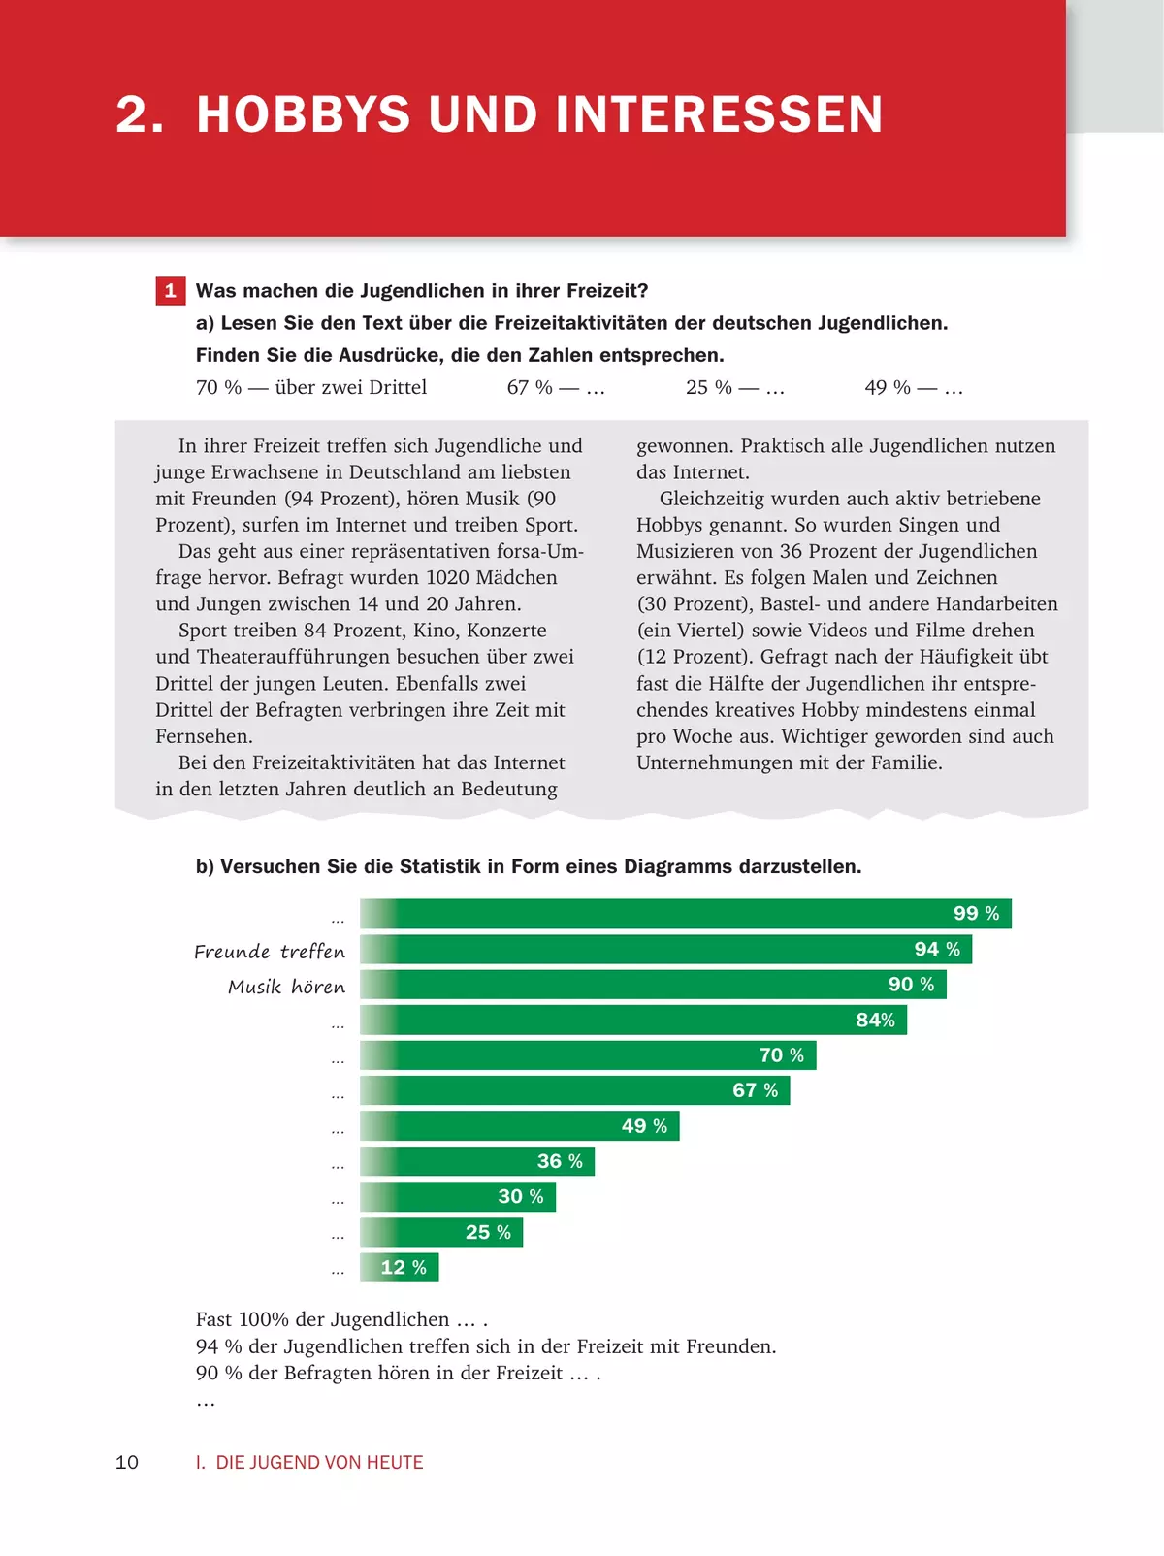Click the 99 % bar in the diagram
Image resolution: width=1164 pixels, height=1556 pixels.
tap(686, 913)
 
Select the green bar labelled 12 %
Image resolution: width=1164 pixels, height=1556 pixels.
tap(399, 1267)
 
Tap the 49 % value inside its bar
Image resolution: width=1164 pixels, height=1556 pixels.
tap(644, 1125)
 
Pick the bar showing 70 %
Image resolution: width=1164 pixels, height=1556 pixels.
tap(588, 1054)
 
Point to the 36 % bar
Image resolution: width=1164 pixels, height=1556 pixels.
tap(477, 1161)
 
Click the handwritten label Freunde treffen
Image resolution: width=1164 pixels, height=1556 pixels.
tap(270, 952)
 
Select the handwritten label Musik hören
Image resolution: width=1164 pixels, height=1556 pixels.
tap(286, 987)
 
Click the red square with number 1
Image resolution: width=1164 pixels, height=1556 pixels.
tap(170, 291)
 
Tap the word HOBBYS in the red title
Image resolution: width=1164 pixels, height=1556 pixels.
tap(304, 114)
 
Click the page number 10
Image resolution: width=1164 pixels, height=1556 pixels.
tap(127, 1462)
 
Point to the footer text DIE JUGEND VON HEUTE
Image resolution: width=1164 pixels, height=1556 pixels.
tap(320, 1462)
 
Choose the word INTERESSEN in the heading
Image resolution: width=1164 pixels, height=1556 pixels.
tap(720, 114)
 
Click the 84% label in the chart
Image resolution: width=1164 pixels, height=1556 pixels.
tap(876, 1020)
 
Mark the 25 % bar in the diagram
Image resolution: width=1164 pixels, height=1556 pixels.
tap(441, 1232)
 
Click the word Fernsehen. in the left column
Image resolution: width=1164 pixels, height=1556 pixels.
tap(204, 736)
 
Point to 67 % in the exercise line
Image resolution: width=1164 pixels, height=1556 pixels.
tap(530, 387)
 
